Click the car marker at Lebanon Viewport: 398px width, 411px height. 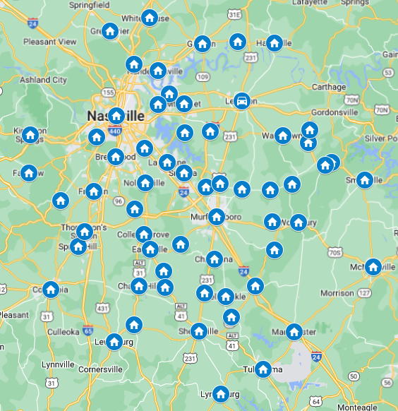coord(242,100)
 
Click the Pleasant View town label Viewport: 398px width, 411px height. coord(49,42)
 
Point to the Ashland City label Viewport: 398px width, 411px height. coord(44,80)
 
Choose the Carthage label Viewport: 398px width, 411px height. coord(329,88)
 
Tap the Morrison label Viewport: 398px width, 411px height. coord(337,292)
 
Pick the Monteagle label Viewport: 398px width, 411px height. coord(356,407)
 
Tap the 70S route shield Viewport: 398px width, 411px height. coord(335,252)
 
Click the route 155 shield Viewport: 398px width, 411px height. coord(108,92)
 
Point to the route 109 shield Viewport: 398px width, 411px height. coord(203,76)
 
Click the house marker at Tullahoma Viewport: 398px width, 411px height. coord(263,369)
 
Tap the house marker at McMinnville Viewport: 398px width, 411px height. coord(373,267)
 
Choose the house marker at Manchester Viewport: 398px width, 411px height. coord(294,331)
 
